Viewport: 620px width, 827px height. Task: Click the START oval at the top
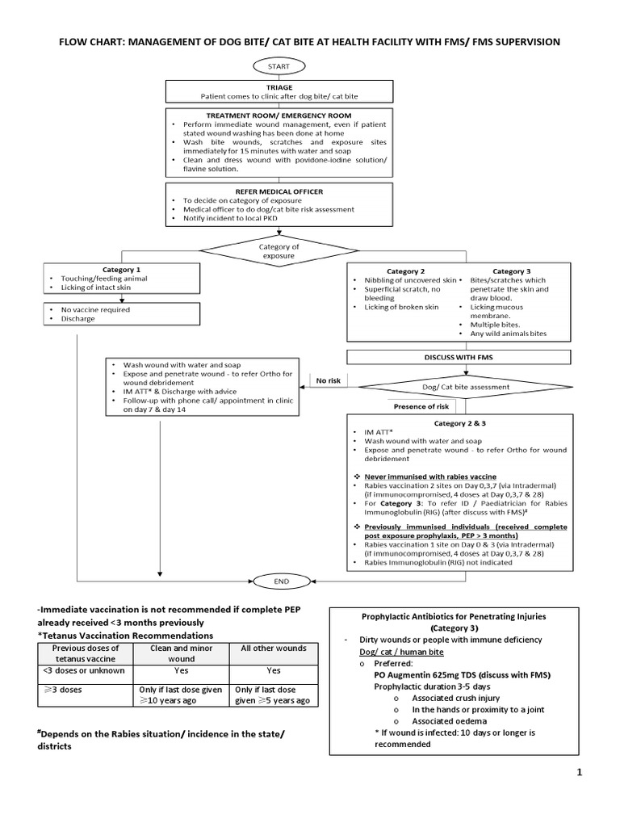279,65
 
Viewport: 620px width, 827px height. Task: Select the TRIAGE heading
279,86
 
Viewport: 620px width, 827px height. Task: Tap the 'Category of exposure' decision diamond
279,250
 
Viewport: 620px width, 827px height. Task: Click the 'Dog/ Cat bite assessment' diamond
467,387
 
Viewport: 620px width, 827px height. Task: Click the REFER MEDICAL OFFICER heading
279,191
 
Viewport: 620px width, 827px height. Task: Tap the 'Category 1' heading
121,270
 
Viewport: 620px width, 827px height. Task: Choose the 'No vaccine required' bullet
95,309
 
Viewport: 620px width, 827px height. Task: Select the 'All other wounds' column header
274,649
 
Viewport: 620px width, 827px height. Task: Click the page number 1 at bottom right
579,774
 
